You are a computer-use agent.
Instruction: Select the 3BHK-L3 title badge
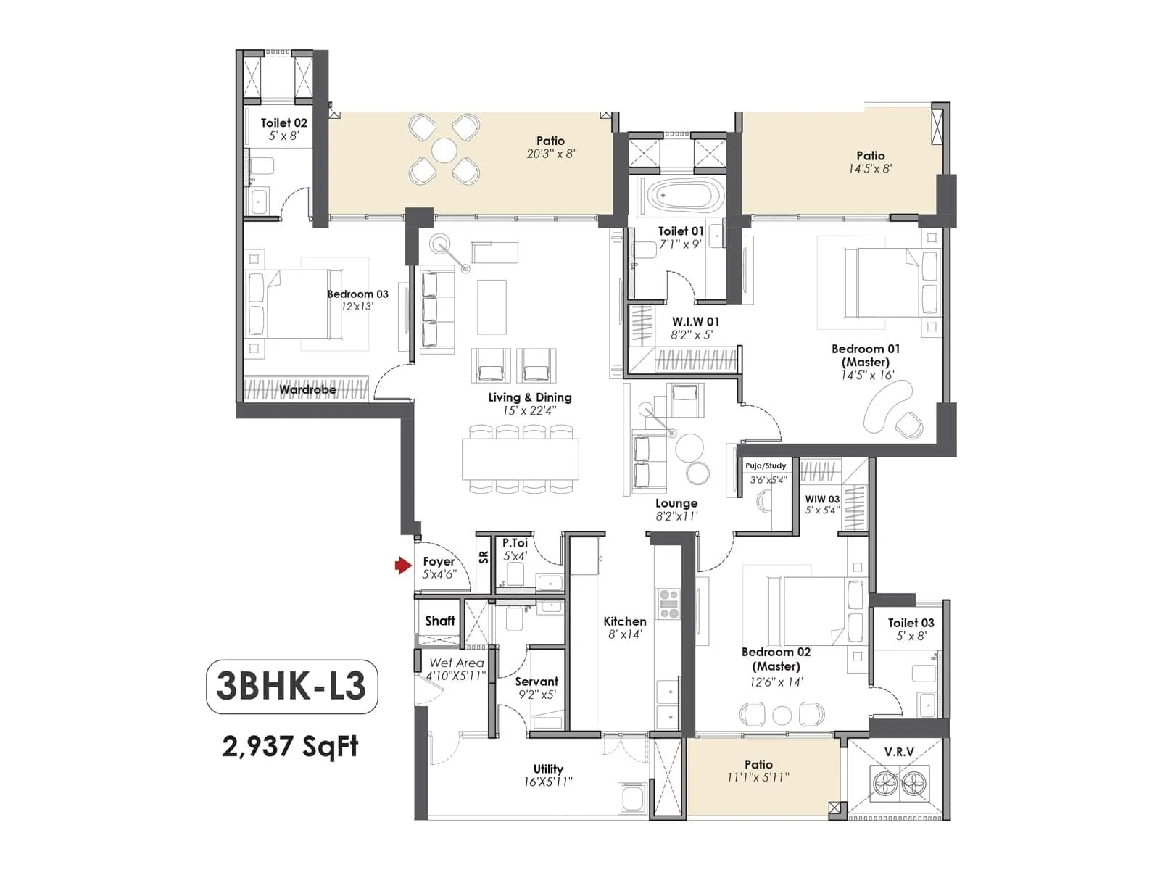coord(291,686)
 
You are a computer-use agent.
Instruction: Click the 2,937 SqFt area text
coord(290,745)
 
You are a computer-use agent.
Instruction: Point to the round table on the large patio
coord(444,152)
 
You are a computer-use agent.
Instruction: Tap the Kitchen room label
coord(624,621)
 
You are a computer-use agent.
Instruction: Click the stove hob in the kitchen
coord(667,603)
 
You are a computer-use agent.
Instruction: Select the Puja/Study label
coord(766,465)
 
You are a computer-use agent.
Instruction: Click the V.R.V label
coord(899,752)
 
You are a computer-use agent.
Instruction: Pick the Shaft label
coord(439,621)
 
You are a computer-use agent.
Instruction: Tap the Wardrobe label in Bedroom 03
coord(307,390)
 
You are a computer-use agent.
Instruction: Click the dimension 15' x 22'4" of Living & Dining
coord(529,410)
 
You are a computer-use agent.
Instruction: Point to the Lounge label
coord(676,503)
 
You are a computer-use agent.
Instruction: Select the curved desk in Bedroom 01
coord(887,406)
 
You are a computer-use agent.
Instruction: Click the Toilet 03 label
coord(911,623)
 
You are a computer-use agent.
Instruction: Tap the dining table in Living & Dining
coord(521,458)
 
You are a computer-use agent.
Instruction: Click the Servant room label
coord(536,681)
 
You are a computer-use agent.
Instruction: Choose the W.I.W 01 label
coord(695,322)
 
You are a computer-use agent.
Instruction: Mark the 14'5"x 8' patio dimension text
coord(870,169)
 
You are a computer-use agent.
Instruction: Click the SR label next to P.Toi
coord(484,557)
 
